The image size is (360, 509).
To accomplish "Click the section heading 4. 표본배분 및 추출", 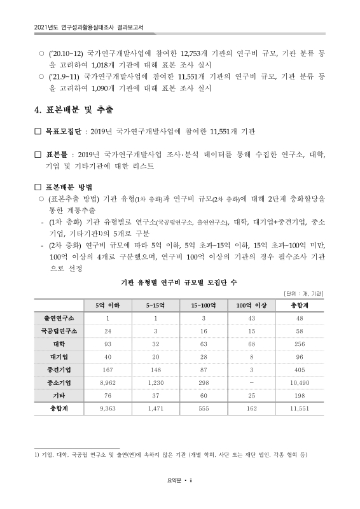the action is [x=74, y=110].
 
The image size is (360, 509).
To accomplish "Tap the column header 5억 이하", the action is [x=109, y=305].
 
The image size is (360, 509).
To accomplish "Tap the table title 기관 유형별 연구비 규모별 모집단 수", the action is [x=180, y=281].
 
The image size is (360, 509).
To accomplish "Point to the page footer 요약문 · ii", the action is [x=180, y=481].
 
